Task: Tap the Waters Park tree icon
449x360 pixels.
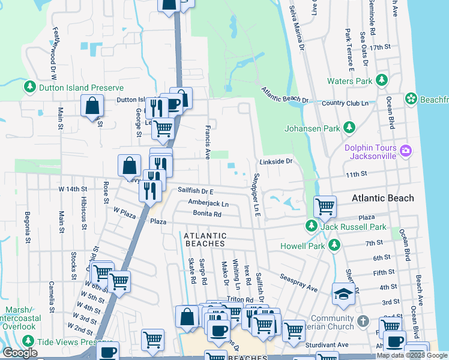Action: point(381,81)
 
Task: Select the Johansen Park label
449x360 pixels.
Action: point(311,128)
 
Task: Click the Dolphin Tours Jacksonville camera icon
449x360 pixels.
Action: point(406,150)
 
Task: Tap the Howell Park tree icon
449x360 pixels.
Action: point(334,245)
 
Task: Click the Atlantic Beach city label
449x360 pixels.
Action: point(382,198)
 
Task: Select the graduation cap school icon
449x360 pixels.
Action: point(343,294)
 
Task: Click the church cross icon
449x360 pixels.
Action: point(363,322)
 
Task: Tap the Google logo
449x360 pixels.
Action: point(20,353)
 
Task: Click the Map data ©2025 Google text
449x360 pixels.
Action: point(412,355)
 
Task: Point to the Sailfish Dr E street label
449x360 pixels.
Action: point(196,190)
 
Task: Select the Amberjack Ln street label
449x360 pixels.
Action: point(208,203)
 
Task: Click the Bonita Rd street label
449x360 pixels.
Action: point(207,214)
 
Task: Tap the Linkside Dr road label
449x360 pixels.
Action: point(276,162)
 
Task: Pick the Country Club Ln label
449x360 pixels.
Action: point(345,103)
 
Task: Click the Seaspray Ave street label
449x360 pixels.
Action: point(298,280)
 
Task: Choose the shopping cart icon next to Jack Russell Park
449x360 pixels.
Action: point(325,206)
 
